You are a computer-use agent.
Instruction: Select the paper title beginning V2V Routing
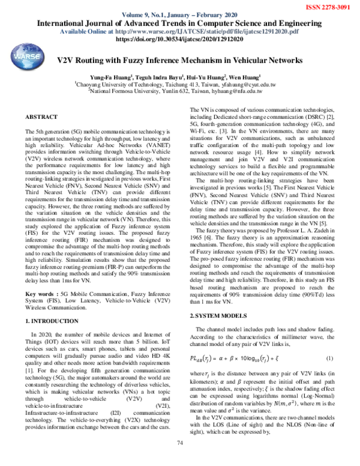[180, 61]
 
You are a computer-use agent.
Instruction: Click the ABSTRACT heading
[41, 115]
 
